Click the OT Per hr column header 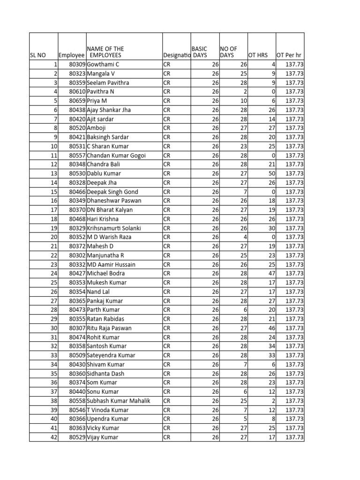coord(290,55)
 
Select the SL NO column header coord(38,55)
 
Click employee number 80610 coord(77,92)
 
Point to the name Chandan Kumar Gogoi coord(116,156)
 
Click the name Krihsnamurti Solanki coord(114,228)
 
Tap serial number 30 coord(53,328)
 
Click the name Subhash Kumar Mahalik coord(119,401)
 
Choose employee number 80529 coord(77,437)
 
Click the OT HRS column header coord(258,55)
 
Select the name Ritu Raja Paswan coord(109,328)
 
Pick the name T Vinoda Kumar coord(108,410)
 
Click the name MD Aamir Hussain coord(111,265)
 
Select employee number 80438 coord(77,110)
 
